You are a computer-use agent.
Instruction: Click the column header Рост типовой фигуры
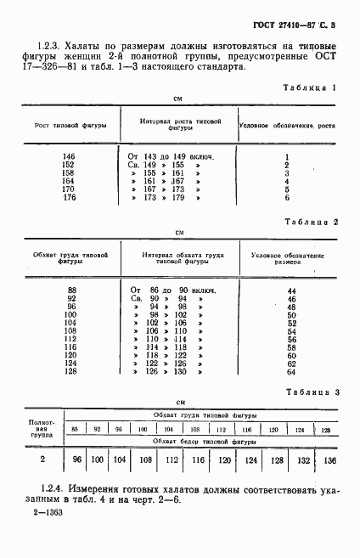click(70, 125)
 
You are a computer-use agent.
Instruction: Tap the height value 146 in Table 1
click(70, 157)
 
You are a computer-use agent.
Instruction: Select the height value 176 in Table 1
click(70, 197)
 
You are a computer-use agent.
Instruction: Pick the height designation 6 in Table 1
click(287, 197)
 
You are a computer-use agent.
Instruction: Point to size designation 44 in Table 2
click(291, 291)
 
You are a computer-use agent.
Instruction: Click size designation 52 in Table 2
click(291, 324)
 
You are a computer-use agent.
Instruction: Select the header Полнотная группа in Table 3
click(42, 429)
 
